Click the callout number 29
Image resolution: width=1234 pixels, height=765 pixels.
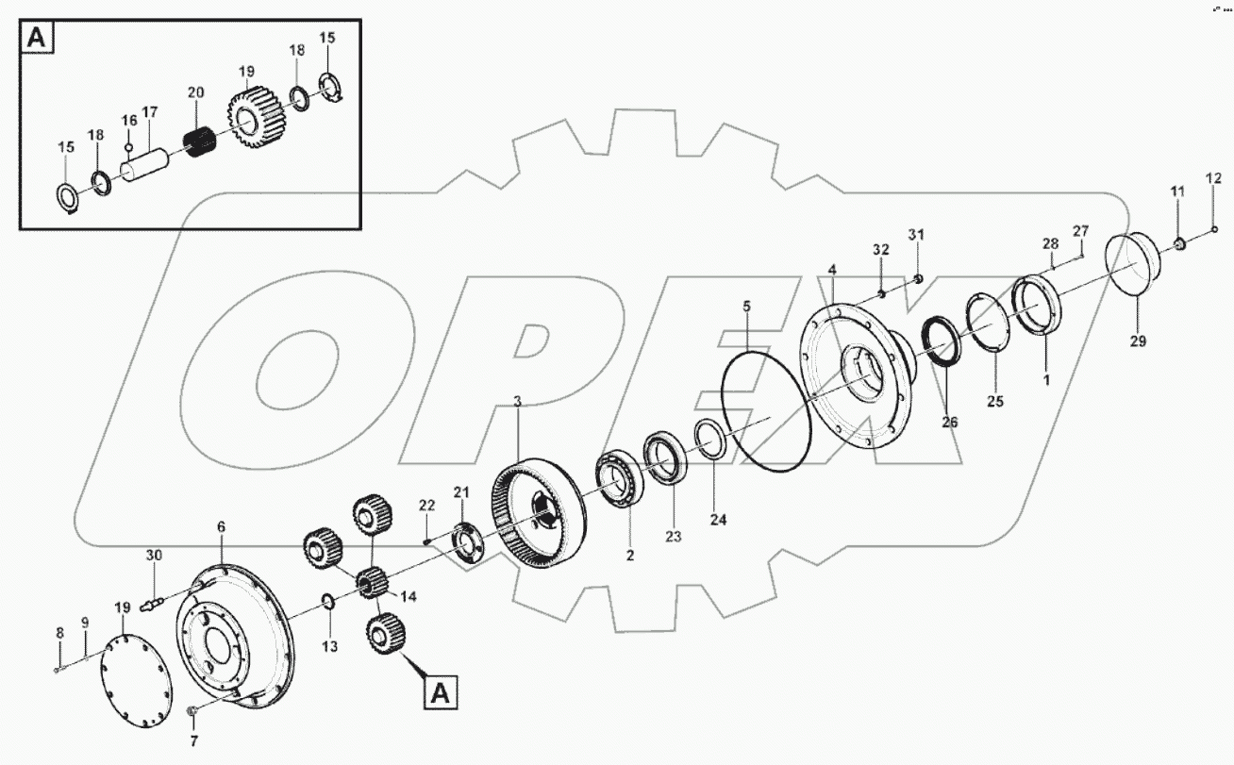[x=1138, y=341]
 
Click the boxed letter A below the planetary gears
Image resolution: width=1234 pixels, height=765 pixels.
[x=439, y=693]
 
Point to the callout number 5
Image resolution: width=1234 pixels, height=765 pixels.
[x=746, y=307]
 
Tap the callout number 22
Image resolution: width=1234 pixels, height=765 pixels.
[x=426, y=506]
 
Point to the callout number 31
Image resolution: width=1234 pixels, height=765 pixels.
[x=916, y=234]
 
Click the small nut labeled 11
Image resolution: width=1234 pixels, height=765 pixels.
[x=1179, y=245]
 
